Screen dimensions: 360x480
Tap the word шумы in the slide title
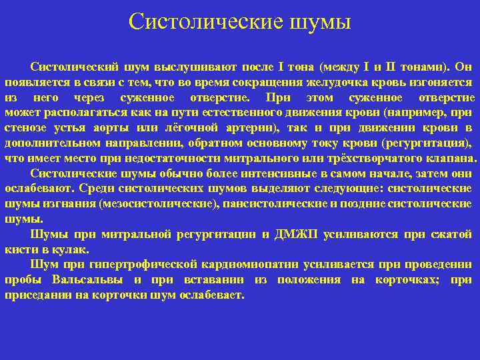(x=319, y=22)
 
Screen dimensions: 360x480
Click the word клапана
(x=450, y=159)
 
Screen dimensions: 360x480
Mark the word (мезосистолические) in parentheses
(x=159, y=204)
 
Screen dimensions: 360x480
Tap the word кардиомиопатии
(x=252, y=265)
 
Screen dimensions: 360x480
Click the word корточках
(x=407, y=280)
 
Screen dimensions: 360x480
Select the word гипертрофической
(x=144, y=265)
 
